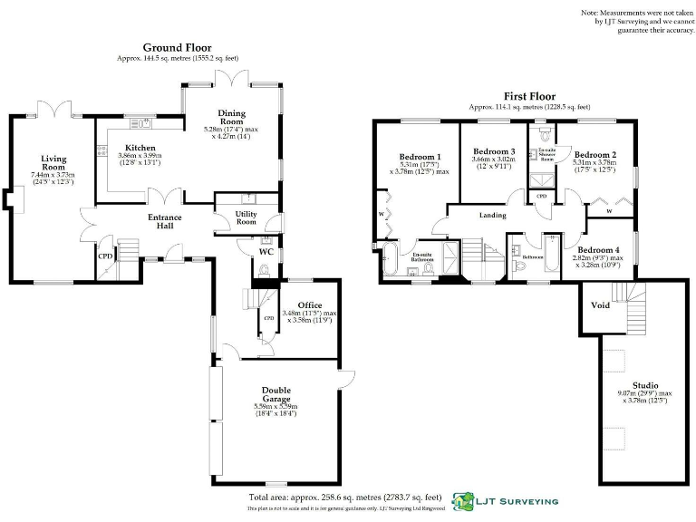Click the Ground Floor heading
[177, 47]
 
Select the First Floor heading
[530, 96]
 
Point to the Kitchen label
[140, 148]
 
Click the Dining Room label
[231, 117]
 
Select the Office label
[310, 304]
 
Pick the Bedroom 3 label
[494, 150]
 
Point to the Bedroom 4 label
[599, 249]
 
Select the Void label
[600, 305]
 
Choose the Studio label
[645, 384]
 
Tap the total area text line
[344, 498]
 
